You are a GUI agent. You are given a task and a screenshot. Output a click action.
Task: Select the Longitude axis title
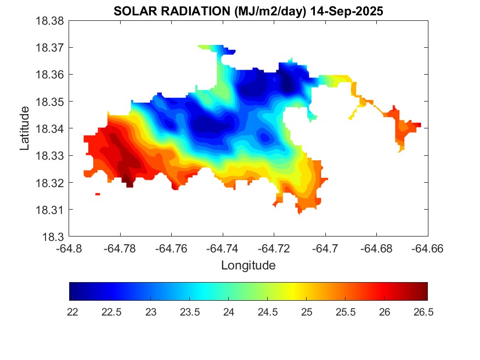click(x=248, y=266)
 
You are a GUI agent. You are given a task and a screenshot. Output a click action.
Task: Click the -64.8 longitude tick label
click(x=69, y=248)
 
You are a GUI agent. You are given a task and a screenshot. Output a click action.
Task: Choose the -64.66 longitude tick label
click(x=428, y=248)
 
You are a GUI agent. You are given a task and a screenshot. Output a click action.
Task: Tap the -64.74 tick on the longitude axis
click(x=223, y=248)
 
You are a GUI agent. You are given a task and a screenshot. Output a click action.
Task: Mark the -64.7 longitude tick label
click(x=325, y=248)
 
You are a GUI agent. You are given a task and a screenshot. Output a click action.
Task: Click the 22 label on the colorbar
click(x=72, y=312)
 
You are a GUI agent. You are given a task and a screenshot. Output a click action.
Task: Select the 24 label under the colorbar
click(x=228, y=312)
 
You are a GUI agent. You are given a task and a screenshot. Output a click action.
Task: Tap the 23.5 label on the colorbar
click(x=189, y=312)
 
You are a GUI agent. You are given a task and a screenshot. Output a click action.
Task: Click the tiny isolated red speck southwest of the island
click(x=98, y=194)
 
